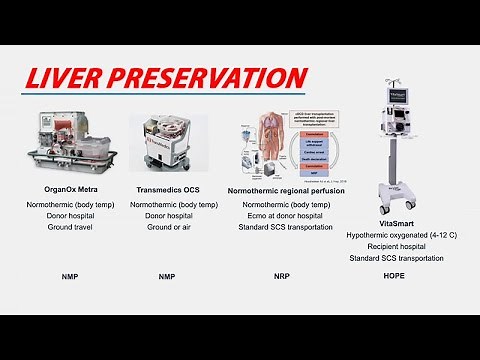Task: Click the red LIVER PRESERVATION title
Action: point(164,79)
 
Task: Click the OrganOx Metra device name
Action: point(65,187)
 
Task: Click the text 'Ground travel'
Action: point(65,227)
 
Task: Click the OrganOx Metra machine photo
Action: point(65,146)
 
